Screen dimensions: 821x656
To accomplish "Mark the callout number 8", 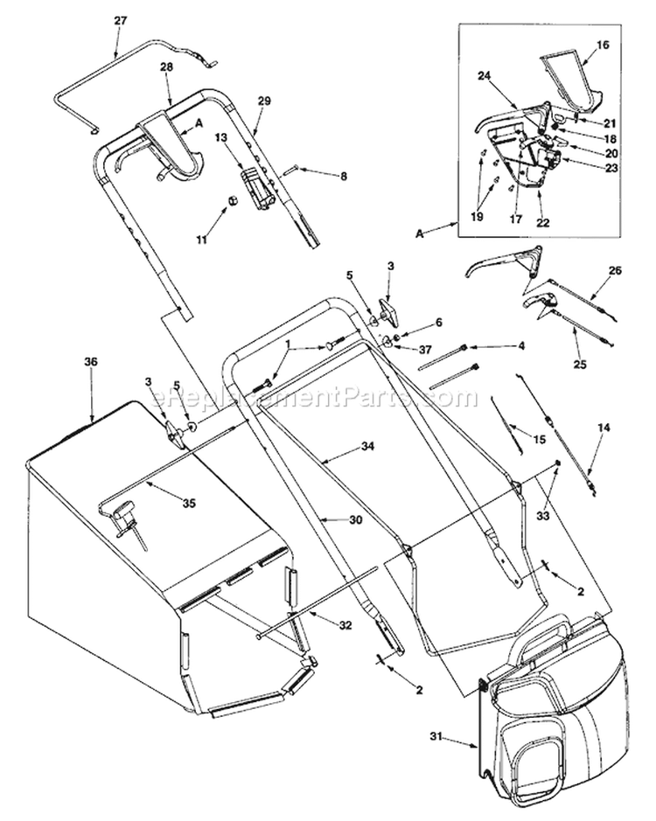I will pyautogui.click(x=343, y=177).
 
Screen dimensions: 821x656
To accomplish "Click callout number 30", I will pyautogui.click(x=354, y=519).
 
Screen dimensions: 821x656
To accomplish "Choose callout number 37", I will pyautogui.click(x=426, y=350).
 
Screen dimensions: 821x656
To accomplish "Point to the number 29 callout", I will pyautogui.click(x=264, y=101).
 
